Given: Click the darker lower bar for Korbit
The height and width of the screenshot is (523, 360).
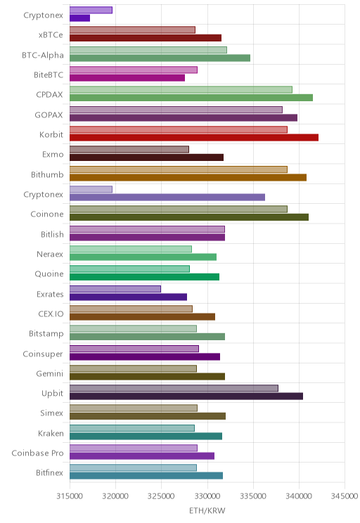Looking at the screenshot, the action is [194, 137].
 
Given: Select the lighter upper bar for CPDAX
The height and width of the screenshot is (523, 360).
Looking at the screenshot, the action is [181, 89].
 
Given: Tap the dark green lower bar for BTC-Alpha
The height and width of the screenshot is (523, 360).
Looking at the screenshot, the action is [160, 58].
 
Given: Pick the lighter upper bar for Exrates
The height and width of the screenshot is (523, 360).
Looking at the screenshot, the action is [115, 289].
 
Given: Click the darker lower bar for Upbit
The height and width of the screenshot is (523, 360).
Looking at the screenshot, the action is [186, 396].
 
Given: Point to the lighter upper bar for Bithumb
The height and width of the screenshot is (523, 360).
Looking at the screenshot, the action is [179, 169].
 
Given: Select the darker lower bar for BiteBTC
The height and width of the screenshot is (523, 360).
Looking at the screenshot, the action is [127, 78].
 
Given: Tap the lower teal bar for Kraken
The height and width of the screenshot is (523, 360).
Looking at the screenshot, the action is [146, 436].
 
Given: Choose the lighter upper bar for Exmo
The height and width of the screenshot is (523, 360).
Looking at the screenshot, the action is [129, 150].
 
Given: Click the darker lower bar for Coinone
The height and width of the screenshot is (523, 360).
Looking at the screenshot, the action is [189, 217].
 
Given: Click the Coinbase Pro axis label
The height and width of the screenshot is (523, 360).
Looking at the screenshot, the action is [37, 453].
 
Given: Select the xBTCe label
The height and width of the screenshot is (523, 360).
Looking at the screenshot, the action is [51, 35].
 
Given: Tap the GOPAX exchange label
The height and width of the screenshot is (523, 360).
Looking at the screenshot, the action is [49, 115].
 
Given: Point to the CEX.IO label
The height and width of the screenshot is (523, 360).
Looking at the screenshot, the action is [51, 314].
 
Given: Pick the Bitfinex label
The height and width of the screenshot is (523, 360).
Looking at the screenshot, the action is [49, 472].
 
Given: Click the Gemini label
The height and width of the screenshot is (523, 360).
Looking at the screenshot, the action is [49, 373].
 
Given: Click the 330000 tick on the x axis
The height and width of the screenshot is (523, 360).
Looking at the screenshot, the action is [207, 496].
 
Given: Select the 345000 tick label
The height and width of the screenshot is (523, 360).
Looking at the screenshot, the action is [345, 496].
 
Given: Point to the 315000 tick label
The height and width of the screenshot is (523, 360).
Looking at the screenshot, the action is [70, 496].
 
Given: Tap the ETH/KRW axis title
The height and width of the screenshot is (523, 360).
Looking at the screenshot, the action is [207, 510].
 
